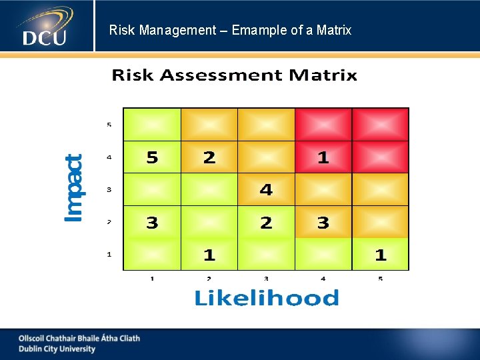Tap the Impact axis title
pyautogui.click(x=74, y=188)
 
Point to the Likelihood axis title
pyautogui.click(x=266, y=298)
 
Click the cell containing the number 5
pyautogui.click(x=152, y=157)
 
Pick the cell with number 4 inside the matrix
pyautogui.click(x=266, y=190)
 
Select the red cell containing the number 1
pyautogui.click(x=323, y=157)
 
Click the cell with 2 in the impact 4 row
pyautogui.click(x=209, y=157)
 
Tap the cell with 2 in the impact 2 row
pyautogui.click(x=266, y=223)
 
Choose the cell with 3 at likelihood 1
pyautogui.click(x=152, y=223)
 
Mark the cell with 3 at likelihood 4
pyautogui.click(x=323, y=223)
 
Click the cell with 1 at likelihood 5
pyautogui.click(x=380, y=255)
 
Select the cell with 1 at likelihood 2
pyautogui.click(x=209, y=255)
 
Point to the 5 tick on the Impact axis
pyautogui.click(x=109, y=125)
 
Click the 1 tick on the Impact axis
pyautogui.click(x=109, y=254)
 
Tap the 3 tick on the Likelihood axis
pyautogui.click(x=266, y=278)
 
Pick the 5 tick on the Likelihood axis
pyautogui.click(x=380, y=278)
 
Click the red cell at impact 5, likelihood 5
pyautogui.click(x=380, y=125)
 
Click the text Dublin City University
pyautogui.click(x=57, y=349)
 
